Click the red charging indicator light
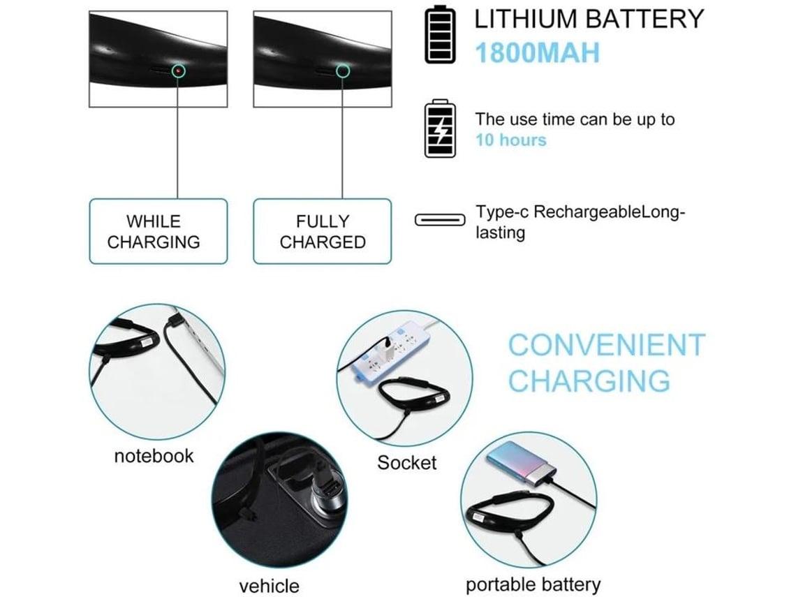coord(179,71)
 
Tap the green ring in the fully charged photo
coord(342,71)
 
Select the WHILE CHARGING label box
coord(159,232)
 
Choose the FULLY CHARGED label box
coord(322,232)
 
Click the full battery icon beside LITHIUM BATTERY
coord(440,34)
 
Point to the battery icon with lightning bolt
coord(440,129)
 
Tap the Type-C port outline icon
coord(440,221)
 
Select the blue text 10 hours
coord(511,140)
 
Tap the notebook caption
coord(154,457)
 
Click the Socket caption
coord(406,463)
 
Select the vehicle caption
coord(269,586)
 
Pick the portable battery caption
coord(533,584)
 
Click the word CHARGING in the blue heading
coord(589,381)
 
